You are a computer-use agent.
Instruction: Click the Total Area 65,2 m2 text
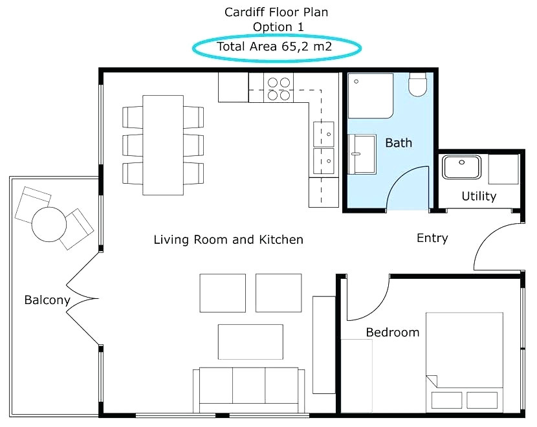point(277,46)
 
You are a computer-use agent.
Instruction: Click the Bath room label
point(398,143)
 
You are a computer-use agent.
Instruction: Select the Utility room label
point(479,196)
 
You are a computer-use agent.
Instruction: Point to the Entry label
point(432,238)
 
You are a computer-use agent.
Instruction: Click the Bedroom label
point(392,333)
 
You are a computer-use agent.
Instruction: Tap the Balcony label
point(47,300)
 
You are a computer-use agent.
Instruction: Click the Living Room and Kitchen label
point(228,240)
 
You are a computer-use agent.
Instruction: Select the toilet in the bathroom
point(419,85)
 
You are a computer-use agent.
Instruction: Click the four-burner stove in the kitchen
point(278,89)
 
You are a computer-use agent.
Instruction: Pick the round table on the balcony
point(49,223)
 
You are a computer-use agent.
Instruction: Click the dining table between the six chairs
point(162,144)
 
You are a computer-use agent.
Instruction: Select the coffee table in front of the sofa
point(250,341)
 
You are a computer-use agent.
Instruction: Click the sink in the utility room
point(461,168)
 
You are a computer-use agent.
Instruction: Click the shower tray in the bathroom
point(370,96)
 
